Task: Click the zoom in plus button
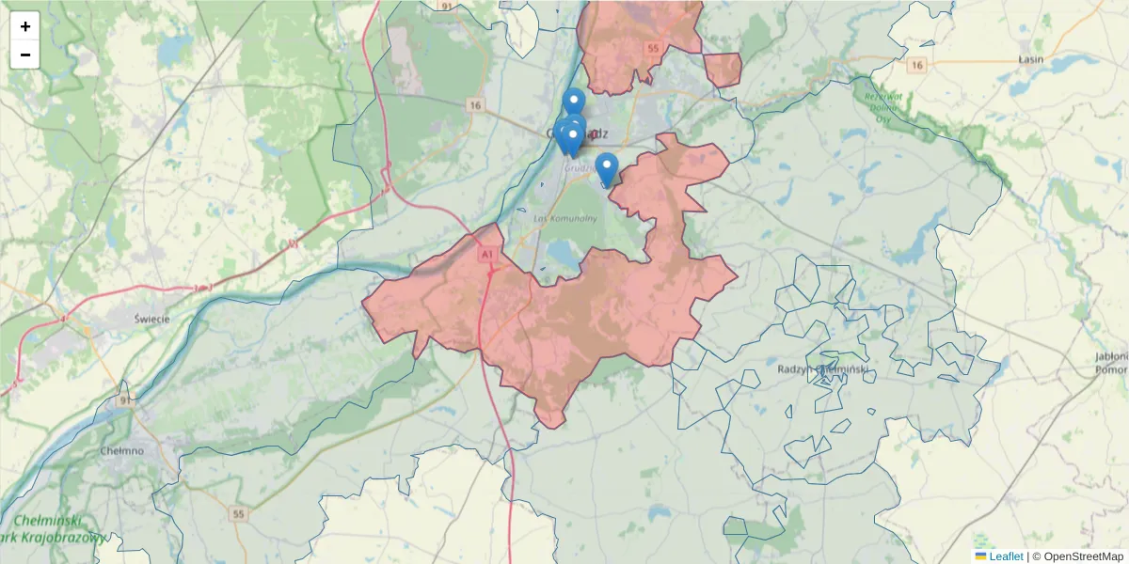click(x=25, y=26)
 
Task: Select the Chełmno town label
click(x=121, y=450)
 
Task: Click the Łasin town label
click(x=1031, y=57)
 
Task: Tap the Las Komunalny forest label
click(x=565, y=218)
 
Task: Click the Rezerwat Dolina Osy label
click(x=883, y=105)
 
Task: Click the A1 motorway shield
click(x=485, y=254)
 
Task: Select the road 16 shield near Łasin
click(x=917, y=65)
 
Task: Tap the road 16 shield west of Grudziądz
click(x=476, y=104)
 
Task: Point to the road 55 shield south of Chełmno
click(x=239, y=514)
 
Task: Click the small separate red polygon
click(x=723, y=70)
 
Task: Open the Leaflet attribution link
click(x=1005, y=556)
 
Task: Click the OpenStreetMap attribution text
click(x=1083, y=556)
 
